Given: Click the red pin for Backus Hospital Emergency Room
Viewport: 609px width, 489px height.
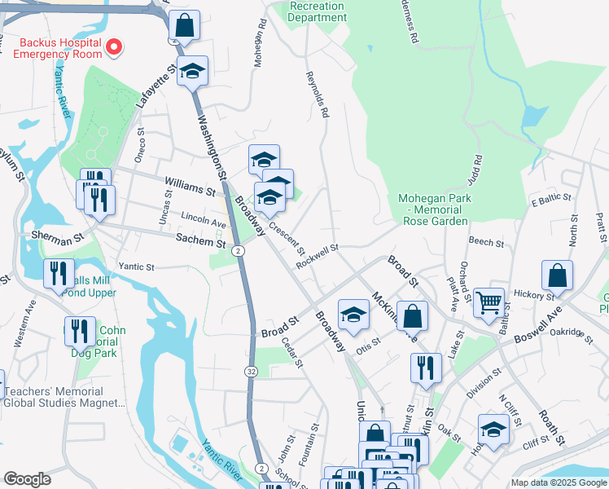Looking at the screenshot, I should tap(114, 48).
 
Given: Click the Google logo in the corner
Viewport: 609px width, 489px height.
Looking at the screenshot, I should tap(28, 479).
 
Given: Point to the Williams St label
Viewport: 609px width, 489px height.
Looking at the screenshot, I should tap(189, 187).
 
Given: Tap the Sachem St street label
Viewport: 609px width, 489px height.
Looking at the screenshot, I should tap(201, 242).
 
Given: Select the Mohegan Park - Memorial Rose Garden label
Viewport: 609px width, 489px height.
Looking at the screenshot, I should tap(432, 209).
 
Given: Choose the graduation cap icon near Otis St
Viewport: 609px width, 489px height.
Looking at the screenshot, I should tap(353, 315).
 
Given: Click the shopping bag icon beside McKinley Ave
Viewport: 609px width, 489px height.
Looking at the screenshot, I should tap(414, 315).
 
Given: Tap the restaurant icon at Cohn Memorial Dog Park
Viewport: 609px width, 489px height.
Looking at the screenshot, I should tap(80, 331).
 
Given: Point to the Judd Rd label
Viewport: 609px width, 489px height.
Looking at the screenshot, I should tap(475, 172).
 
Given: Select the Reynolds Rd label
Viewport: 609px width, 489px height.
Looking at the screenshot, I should tap(317, 95).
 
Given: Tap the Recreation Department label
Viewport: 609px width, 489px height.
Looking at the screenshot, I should tap(318, 11).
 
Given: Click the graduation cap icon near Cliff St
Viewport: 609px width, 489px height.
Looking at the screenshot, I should tap(493, 429).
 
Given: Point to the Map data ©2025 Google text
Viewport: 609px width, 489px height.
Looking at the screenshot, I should tap(558, 482).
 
